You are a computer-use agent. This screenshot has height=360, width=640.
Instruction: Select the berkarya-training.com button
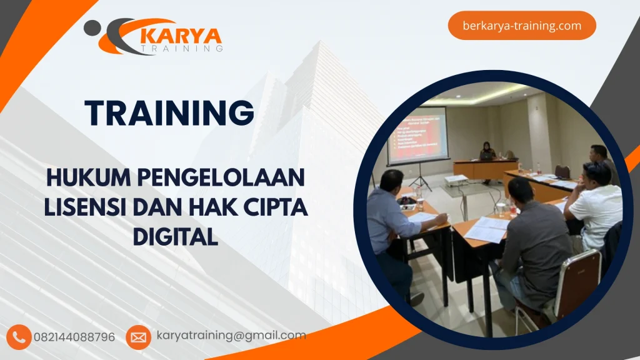[x=522, y=26]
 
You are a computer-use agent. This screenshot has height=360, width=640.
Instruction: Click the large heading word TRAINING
[x=169, y=113]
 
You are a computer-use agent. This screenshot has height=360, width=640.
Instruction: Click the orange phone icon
[x=19, y=337]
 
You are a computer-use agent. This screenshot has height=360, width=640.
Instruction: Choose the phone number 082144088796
[x=74, y=337]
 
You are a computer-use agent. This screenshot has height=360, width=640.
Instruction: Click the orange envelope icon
[x=138, y=337]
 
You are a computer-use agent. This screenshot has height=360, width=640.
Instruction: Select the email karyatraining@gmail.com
[x=231, y=336]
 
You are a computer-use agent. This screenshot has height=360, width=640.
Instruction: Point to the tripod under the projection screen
[x=420, y=176]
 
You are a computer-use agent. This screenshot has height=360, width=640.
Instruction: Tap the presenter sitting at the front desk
[x=487, y=154]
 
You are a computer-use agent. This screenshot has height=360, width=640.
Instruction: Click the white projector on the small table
[x=456, y=179]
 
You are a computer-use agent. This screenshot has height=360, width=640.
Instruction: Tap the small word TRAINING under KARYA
[x=182, y=47]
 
